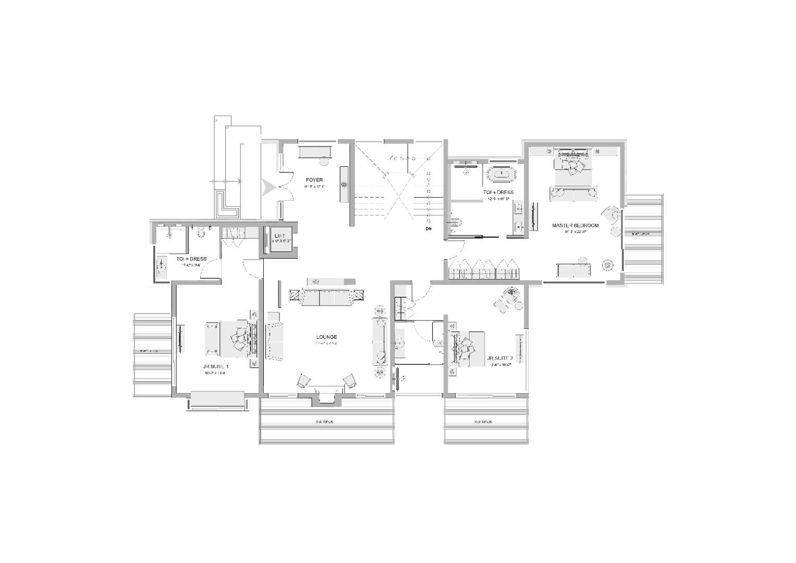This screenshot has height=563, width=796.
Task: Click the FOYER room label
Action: (x=314, y=180)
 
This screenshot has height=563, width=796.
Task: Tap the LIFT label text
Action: (x=280, y=236)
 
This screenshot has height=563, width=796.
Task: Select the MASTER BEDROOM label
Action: (x=575, y=226)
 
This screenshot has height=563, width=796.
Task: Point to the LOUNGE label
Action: (x=326, y=337)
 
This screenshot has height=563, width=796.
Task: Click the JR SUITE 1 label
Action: (x=216, y=366)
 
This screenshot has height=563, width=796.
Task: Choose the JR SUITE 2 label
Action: (x=499, y=359)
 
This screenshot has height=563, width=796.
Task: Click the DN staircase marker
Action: (x=428, y=229)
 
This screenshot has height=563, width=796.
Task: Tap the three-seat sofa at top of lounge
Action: (x=326, y=298)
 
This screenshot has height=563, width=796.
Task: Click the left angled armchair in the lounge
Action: (x=303, y=381)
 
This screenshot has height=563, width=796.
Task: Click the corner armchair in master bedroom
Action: (x=611, y=215)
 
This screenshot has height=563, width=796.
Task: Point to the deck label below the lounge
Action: (x=324, y=422)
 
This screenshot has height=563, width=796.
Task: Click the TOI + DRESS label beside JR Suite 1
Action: (x=191, y=259)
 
